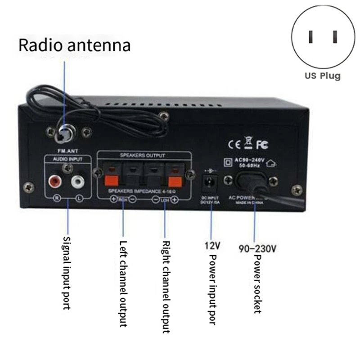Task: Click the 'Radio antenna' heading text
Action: coord(74,45)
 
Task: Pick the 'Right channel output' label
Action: coord(165,286)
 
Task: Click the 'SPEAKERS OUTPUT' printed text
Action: coord(143,155)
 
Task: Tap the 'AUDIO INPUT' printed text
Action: coord(68,159)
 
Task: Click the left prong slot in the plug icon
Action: coord(310,36)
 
